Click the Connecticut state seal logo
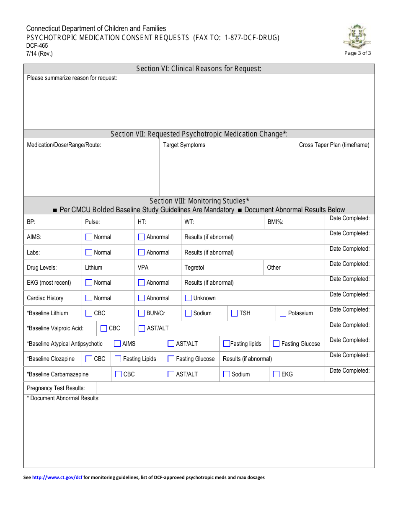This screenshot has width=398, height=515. click(357, 37)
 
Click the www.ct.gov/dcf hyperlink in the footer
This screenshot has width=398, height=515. click(57, 477)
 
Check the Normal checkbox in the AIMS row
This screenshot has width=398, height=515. click(89, 237)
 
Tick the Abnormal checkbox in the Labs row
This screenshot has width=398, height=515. click(141, 252)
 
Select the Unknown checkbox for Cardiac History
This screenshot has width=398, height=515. click(188, 298)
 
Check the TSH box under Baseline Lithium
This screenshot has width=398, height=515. click(234, 313)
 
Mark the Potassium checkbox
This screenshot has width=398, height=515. click(283, 313)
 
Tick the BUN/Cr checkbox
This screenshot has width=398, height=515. click(141, 313)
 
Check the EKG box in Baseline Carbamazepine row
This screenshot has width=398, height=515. click(276, 374)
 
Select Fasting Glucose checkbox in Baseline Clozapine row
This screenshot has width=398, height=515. click(171, 359)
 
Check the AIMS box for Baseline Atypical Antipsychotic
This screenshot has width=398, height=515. click(117, 344)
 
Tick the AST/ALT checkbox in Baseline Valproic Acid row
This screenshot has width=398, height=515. click(142, 328)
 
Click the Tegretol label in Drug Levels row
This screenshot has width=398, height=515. click(194, 268)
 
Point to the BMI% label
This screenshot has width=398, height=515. click(275, 222)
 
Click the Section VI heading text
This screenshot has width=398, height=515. click(199, 69)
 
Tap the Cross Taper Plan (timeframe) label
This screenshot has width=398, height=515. click(334, 145)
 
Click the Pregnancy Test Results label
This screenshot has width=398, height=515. click(56, 388)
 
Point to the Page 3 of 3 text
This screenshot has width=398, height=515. click(357, 53)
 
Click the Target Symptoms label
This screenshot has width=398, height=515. click(184, 145)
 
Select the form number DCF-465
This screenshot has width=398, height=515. click(37, 46)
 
